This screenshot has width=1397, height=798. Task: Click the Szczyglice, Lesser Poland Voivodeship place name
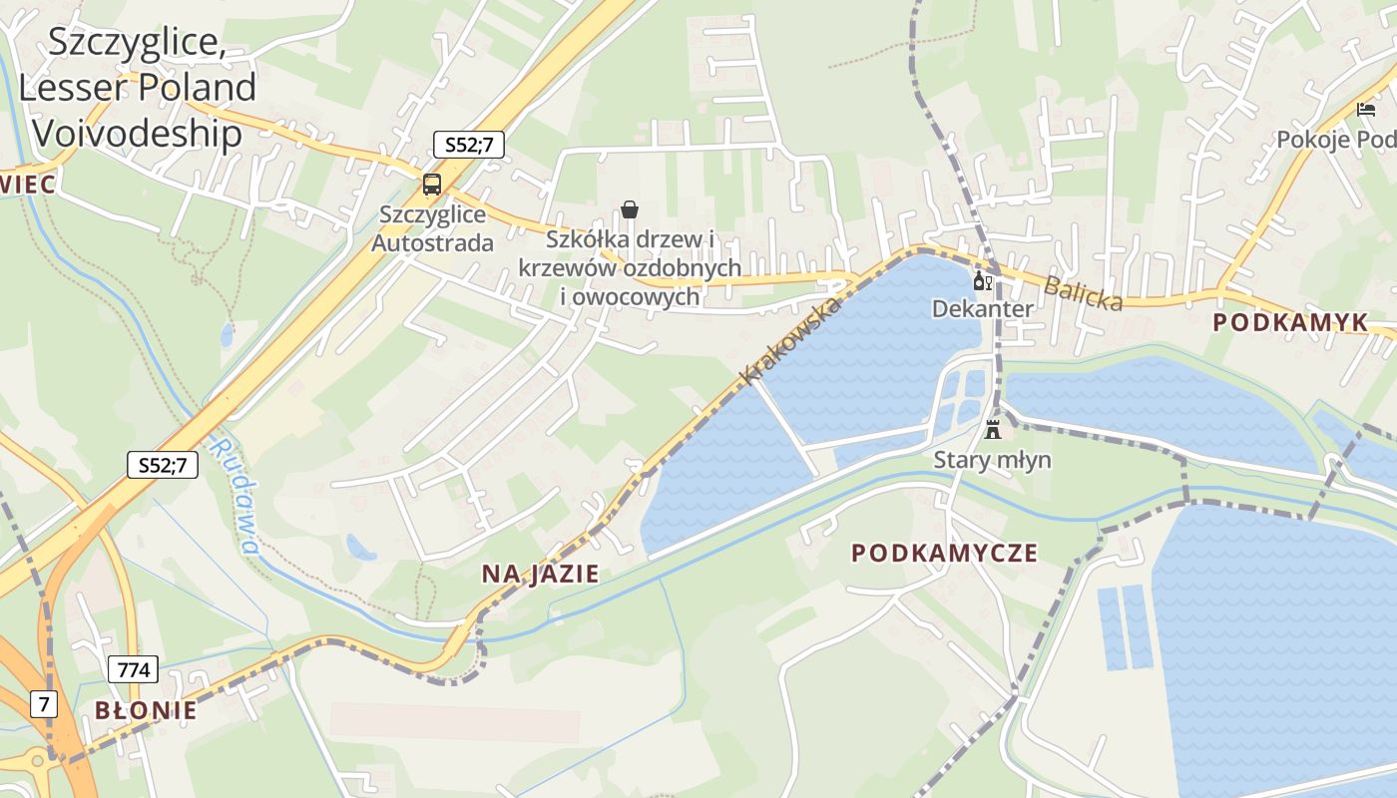[x=137, y=88]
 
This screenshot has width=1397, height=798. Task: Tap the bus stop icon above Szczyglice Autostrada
[x=432, y=184]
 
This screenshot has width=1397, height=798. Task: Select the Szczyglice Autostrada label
[x=432, y=228]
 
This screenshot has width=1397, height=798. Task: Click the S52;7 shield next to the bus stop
[x=468, y=145]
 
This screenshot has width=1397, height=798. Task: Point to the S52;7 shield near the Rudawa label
[x=163, y=464]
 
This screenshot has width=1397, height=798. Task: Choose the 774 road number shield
[x=132, y=669]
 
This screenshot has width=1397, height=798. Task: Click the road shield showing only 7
[x=43, y=703]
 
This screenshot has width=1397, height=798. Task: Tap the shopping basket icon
[x=630, y=209]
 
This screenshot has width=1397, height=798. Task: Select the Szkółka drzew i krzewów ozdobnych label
[x=630, y=268]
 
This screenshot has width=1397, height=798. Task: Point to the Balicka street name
[x=1083, y=293]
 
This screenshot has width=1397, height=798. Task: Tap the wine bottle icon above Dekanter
[x=982, y=281]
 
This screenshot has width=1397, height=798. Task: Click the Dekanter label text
[x=982, y=309]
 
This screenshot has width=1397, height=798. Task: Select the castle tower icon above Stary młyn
[x=992, y=431]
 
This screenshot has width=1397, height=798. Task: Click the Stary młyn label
[x=992, y=460]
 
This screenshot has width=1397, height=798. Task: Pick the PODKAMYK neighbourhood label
[x=1290, y=322]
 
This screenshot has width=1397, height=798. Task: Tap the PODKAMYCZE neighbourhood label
[x=944, y=553]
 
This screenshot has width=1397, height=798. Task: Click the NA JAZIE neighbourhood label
[x=540, y=574]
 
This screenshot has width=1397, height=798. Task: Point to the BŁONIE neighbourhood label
[x=146, y=711]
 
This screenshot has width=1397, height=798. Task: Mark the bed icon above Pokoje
[x=1365, y=110]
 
